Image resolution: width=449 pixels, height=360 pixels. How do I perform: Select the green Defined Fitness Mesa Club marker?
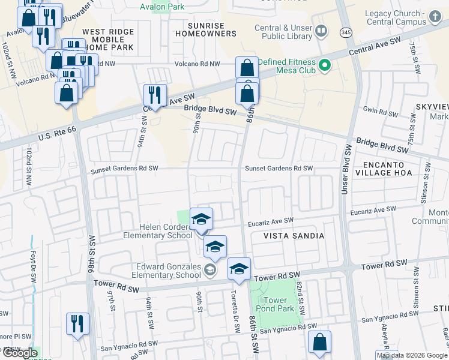325,64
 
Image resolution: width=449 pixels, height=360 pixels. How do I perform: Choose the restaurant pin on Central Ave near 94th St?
155,95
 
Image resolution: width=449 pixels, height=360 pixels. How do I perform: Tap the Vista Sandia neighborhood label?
294,236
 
